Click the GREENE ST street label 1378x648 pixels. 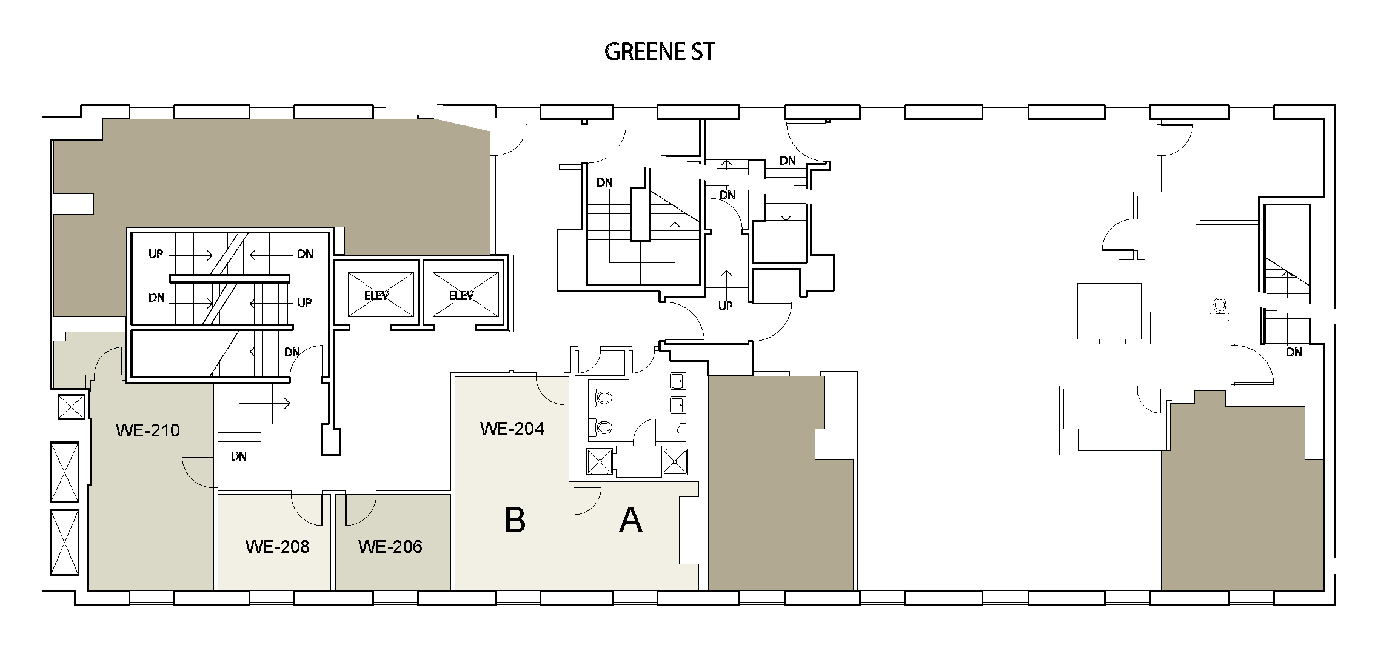pos(660,52)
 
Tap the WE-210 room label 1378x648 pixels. pos(148,430)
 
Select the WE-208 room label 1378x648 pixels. pos(278,547)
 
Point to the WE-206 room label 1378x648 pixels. pos(390,547)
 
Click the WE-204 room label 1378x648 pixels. pos(512,429)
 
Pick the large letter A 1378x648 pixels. pos(630,520)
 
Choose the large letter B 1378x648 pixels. pos(515,520)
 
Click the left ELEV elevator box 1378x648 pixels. pos(376,295)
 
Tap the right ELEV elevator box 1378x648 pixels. pos(462,295)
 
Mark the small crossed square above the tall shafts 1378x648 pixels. pos(71,407)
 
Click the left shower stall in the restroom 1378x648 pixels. pos(600,461)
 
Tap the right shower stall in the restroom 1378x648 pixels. pos(675,461)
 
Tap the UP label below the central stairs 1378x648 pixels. pos(726,306)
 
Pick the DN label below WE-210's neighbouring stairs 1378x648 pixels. pos(239,456)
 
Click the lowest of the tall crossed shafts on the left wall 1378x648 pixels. pos(65,543)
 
